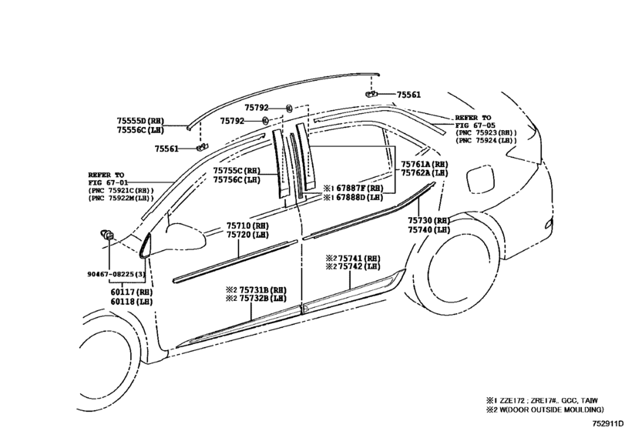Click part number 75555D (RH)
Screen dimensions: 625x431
pyautogui.click(x=140, y=121)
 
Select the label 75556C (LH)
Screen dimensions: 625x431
pyautogui.click(x=140, y=130)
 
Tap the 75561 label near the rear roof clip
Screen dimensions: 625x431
pyautogui.click(x=408, y=95)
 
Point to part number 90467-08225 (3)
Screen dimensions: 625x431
pyautogui.click(x=116, y=274)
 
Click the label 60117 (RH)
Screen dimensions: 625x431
pyautogui.click(x=132, y=292)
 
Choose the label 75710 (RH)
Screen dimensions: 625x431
pyautogui.click(x=247, y=226)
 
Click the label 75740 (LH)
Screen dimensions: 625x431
pyautogui.click(x=429, y=229)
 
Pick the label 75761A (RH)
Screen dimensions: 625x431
pyautogui.click(x=424, y=164)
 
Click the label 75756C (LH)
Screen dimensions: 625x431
pyautogui.click(x=237, y=179)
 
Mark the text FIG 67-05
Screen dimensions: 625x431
pyautogui.click(x=475, y=125)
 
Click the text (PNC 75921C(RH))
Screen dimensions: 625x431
pyautogui.click(x=121, y=190)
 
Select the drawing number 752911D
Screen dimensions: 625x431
pyautogui.click(x=607, y=423)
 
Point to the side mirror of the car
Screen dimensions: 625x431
pyautogui.click(x=186, y=236)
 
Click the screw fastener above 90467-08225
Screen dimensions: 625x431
pyautogui.click(x=107, y=235)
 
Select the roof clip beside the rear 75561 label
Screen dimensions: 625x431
pyautogui.click(x=371, y=95)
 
